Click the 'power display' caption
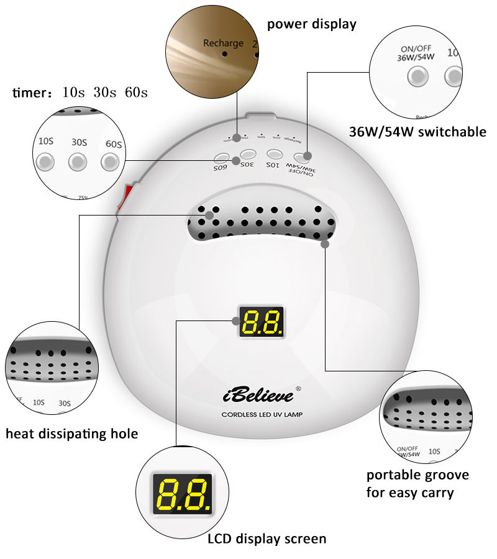point(311,25)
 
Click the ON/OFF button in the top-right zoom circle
point(417,76)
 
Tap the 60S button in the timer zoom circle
point(111,162)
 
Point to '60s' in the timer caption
point(136,94)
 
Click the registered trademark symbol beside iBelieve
point(298,389)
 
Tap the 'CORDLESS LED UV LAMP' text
point(262,414)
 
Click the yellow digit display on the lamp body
point(262,322)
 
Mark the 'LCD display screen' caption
point(267,539)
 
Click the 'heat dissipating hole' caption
point(71,434)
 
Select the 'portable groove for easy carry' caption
point(417,484)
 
